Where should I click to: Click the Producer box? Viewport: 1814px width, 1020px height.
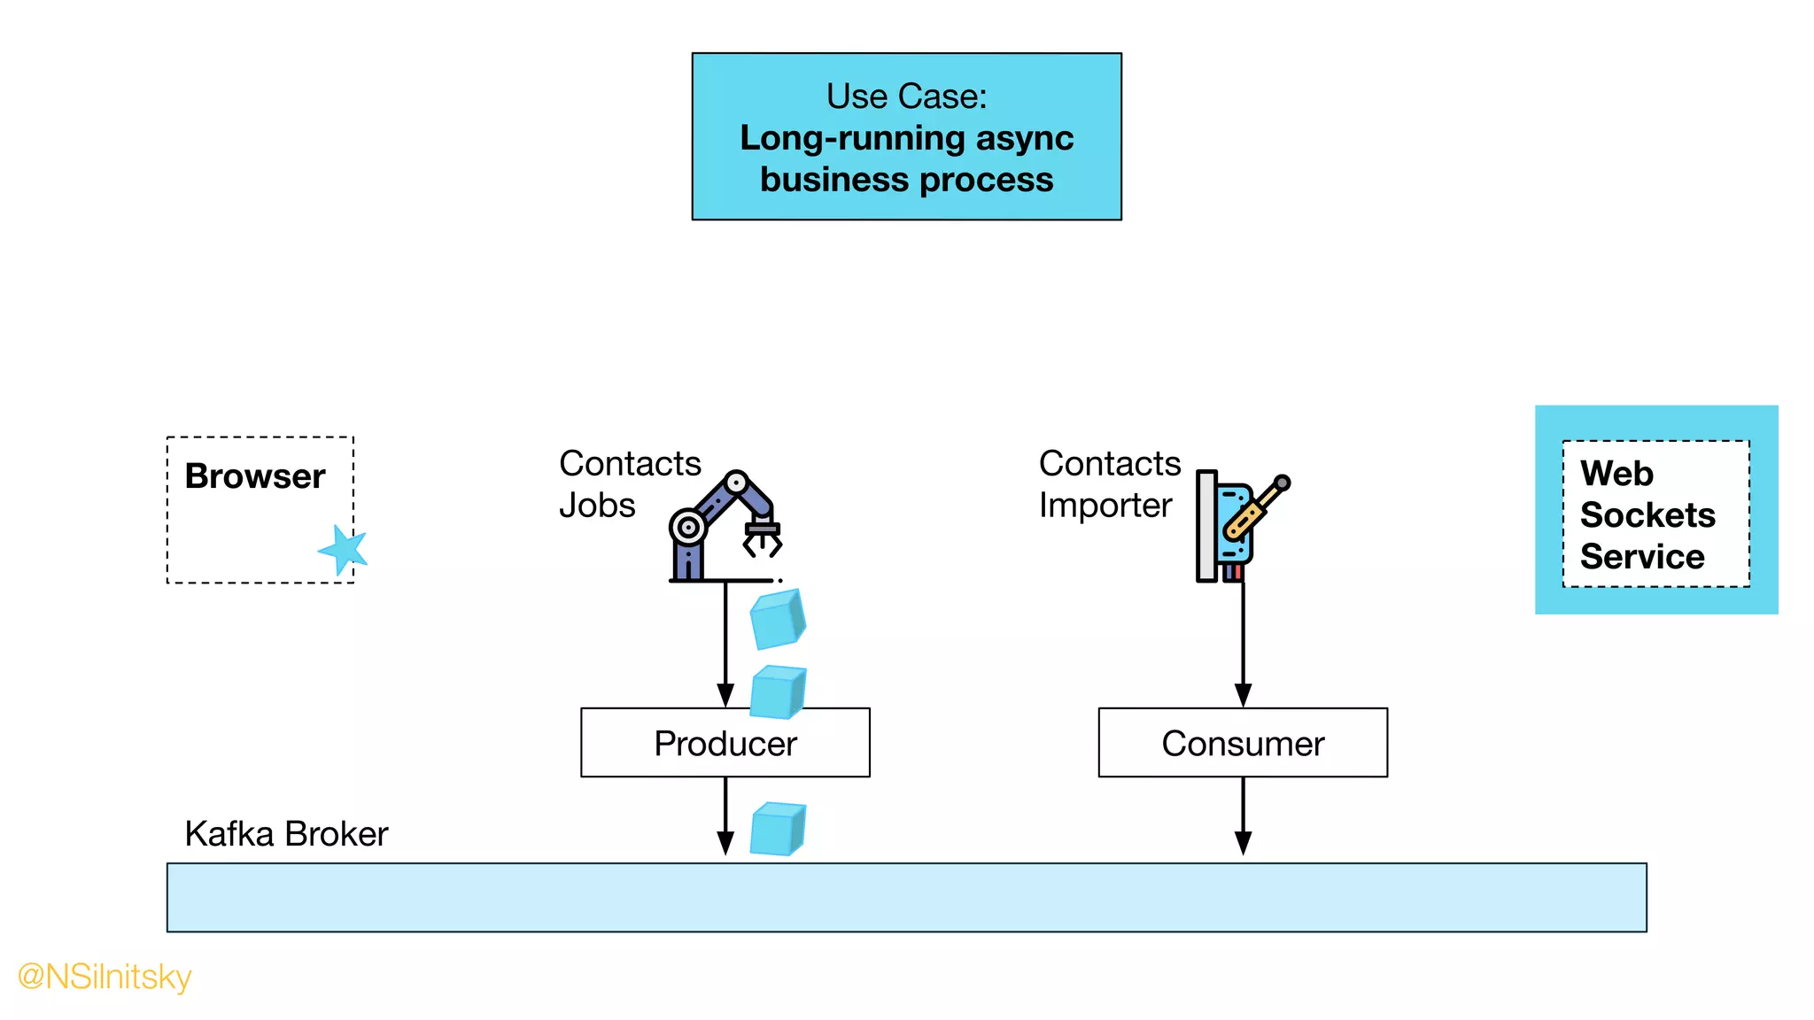[x=725, y=743]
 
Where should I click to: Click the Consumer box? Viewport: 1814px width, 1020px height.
[x=1242, y=743]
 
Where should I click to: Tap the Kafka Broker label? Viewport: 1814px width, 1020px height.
[x=286, y=834]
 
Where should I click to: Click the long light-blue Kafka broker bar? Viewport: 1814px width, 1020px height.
[x=905, y=897]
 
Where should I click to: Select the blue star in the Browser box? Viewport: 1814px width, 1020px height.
[x=344, y=550]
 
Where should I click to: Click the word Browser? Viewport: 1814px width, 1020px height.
[x=255, y=476]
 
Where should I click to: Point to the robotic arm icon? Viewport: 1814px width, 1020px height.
[x=722, y=527]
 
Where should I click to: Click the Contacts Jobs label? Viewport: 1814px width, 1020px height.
[x=629, y=484]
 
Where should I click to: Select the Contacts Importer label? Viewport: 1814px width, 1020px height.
[x=1109, y=484]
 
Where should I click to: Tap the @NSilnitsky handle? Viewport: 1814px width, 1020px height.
[x=105, y=977]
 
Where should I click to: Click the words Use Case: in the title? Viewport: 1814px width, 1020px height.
[x=906, y=96]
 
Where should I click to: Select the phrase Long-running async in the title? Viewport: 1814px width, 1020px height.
[x=906, y=138]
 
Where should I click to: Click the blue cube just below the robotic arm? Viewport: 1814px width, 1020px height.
[x=777, y=619]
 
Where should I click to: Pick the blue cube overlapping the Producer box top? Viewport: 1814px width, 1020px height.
[x=778, y=692]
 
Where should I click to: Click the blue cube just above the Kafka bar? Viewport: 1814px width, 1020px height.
[x=778, y=829]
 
